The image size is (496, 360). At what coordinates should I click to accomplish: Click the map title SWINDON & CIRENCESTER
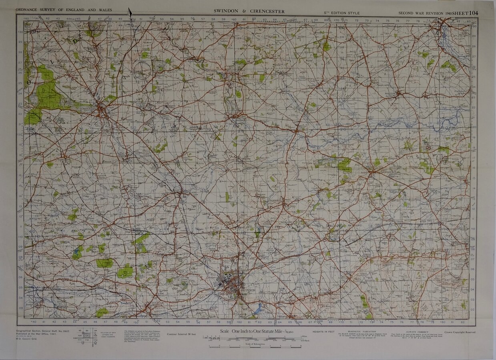249,11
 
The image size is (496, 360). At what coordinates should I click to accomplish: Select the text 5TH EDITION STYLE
341,13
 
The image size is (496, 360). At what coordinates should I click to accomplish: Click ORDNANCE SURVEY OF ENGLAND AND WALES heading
64,10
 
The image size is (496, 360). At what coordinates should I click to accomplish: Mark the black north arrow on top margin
130,13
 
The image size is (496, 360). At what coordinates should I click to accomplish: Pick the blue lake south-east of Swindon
258,308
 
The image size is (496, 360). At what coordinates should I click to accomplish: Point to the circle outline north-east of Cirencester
143,70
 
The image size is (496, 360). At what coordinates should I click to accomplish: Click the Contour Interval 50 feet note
181,334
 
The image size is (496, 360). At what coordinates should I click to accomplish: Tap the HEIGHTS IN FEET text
323,332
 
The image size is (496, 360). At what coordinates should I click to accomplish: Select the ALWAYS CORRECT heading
417,332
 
